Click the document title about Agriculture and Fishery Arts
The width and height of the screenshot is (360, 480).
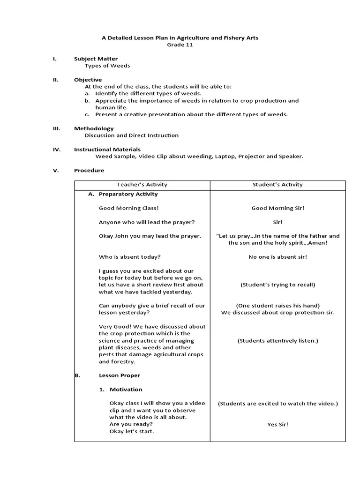tap(180, 37)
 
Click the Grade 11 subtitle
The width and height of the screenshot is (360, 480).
tap(180, 45)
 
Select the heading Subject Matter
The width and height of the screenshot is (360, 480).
tap(96, 59)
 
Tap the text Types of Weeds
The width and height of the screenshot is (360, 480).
tap(107, 66)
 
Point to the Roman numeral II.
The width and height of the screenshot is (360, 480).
tap(55, 80)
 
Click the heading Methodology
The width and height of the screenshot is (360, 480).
tap(94, 128)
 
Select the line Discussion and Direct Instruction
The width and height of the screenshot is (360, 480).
tap(131, 135)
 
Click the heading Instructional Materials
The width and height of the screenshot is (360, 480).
tap(107, 150)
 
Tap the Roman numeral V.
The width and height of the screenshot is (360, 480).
tap(55, 170)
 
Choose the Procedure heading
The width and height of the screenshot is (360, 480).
tap(89, 170)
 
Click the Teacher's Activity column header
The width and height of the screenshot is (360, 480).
tap(142, 185)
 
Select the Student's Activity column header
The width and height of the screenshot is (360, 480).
tap(277, 185)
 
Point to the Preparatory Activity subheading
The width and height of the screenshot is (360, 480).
tap(128, 194)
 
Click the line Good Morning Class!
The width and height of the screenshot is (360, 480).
tap(125, 208)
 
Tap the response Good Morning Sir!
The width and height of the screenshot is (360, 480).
tap(277, 208)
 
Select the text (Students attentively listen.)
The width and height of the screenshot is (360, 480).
tap(277, 341)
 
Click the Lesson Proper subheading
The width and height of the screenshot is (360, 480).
tap(119, 375)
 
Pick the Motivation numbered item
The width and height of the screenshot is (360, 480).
tap(126, 390)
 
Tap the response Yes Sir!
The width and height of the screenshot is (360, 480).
tap(277, 425)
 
